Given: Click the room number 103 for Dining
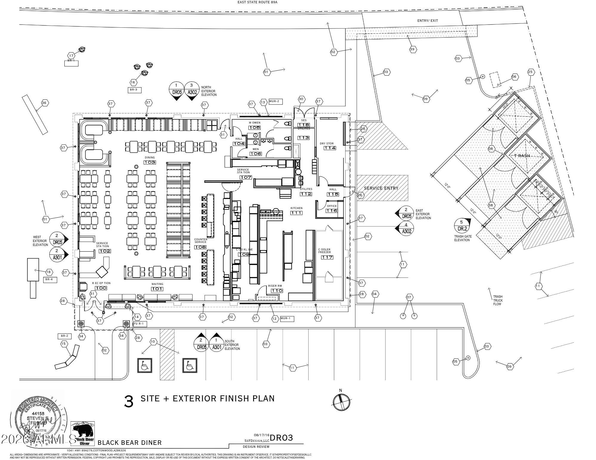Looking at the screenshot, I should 150,162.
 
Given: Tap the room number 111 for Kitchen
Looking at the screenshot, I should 297,213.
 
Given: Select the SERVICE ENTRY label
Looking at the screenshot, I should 381,188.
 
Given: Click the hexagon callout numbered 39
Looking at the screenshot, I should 412,49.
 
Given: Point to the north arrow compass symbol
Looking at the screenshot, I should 340,402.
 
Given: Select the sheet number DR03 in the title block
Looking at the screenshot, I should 281,438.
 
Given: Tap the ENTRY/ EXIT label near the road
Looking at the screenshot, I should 427,21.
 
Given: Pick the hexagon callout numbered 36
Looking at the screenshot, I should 44,103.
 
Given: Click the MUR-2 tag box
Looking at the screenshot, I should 275,101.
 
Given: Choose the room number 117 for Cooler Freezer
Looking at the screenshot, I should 327,257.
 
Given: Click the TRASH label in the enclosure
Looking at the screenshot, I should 522,156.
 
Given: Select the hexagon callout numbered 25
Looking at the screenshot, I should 530,72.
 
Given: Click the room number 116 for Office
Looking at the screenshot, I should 331,210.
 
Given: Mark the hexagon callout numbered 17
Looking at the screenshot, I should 71,56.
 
